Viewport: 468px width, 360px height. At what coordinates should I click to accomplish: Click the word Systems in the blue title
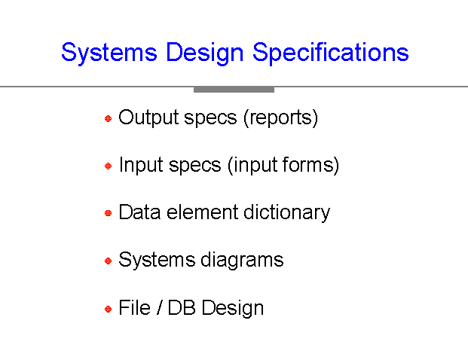pos(109,53)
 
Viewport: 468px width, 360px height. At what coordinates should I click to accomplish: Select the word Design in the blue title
pos(205,53)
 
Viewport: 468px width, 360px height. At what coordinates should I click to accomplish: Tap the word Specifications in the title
pos(331,53)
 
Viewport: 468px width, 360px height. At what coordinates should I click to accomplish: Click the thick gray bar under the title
pos(234,90)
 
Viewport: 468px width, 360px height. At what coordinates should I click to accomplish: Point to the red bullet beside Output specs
pos(108,119)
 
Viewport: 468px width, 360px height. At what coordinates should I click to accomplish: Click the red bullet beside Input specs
pos(108,166)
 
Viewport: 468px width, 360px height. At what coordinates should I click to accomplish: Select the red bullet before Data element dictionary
pos(108,213)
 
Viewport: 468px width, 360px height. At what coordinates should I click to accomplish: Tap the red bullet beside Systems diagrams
pos(108,261)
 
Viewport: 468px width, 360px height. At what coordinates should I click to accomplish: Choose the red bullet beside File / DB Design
pos(108,309)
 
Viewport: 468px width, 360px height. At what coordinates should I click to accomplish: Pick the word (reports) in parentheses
pos(280,118)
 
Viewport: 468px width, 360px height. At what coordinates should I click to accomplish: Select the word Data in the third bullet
pos(139,212)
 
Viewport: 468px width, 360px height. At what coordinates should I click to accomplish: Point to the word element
pos(202,212)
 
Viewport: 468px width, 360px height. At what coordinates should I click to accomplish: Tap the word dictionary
pos(287,213)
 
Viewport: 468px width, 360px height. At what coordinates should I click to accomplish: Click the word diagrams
pos(242,261)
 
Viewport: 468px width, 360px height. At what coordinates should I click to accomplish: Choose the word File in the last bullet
pos(134,307)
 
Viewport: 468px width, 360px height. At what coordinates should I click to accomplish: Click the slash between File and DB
pos(159,307)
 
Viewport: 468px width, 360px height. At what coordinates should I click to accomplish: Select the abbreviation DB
pos(182,307)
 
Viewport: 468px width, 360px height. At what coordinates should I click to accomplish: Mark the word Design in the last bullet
pos(233,308)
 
